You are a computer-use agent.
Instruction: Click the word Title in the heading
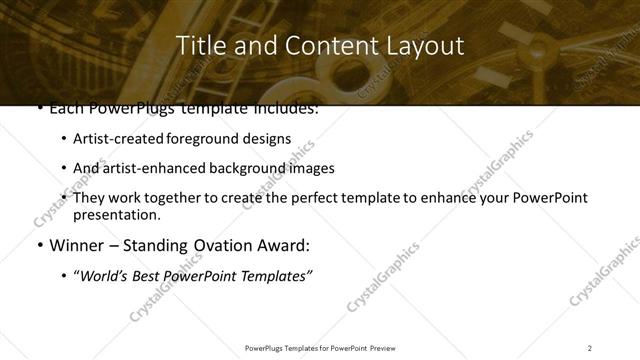[198, 46]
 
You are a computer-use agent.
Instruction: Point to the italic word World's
[106, 276]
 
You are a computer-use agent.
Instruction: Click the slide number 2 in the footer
[590, 348]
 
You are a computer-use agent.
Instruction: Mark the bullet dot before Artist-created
[65, 140]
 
